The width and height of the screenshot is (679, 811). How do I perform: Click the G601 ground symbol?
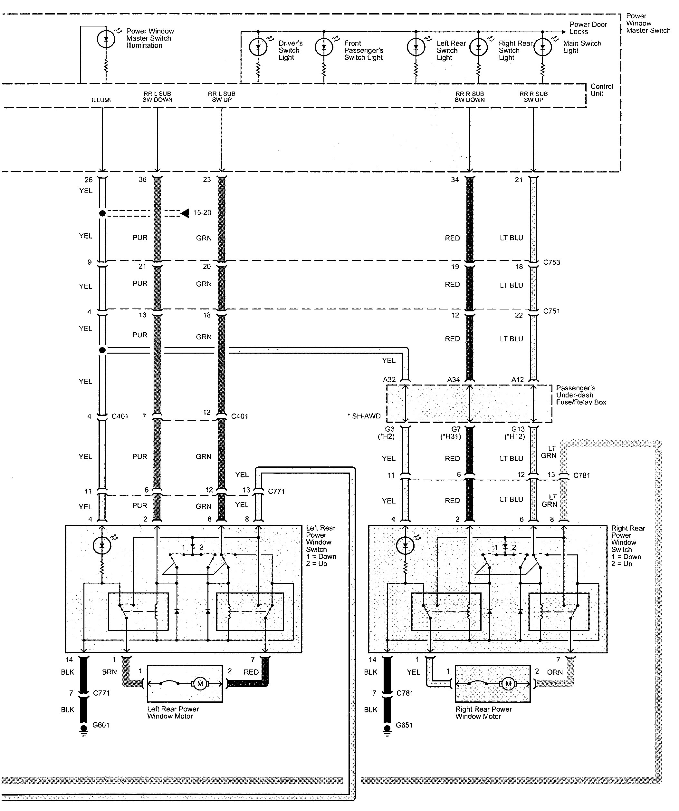(83, 729)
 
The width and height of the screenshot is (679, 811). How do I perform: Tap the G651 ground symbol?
(387, 729)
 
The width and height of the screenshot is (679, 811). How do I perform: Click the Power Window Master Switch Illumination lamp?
(105, 39)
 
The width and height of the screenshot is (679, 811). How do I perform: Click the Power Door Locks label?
(588, 28)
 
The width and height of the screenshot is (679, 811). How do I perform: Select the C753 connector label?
(551, 263)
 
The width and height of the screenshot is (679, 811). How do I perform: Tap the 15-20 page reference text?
(202, 213)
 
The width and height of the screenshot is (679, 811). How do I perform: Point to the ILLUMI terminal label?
(101, 100)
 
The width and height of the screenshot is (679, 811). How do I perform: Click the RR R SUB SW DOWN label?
(469, 97)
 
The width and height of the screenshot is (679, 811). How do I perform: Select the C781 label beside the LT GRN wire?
(581, 475)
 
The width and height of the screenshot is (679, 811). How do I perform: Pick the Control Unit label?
(601, 90)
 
